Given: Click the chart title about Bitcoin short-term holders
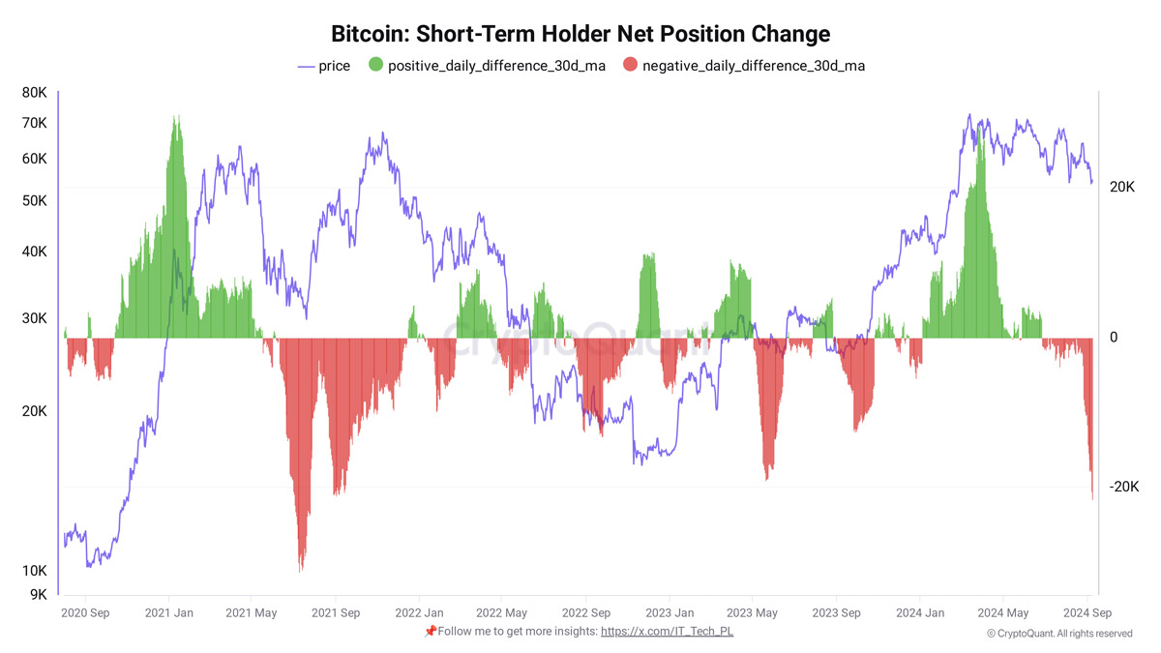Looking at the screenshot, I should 580,34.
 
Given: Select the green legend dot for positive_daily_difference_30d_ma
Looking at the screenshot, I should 376,66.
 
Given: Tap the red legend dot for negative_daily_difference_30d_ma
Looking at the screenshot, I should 631,66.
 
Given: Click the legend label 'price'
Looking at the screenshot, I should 334,66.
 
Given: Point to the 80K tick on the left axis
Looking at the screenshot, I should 35,93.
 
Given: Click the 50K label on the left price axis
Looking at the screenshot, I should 35,201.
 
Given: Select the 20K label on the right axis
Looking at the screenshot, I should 1122,187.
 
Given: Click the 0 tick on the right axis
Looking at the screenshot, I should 1113,338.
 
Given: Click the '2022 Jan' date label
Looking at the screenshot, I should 420,612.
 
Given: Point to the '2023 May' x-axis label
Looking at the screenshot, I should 753,612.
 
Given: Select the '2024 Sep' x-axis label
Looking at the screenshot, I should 1087,612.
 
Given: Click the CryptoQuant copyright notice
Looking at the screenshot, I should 1059,634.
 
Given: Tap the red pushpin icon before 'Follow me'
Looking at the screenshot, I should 431,631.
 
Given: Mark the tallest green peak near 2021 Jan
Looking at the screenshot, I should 175,119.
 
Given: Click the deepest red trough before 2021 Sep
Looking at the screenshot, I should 302,569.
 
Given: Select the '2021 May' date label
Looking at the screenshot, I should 252,612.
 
